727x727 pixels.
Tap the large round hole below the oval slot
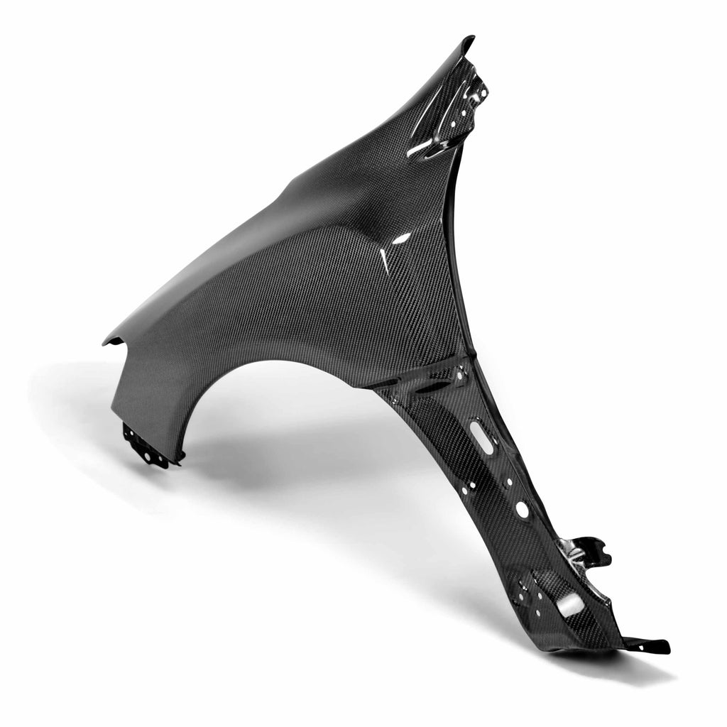point(522,509)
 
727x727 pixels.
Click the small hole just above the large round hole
point(510,482)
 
